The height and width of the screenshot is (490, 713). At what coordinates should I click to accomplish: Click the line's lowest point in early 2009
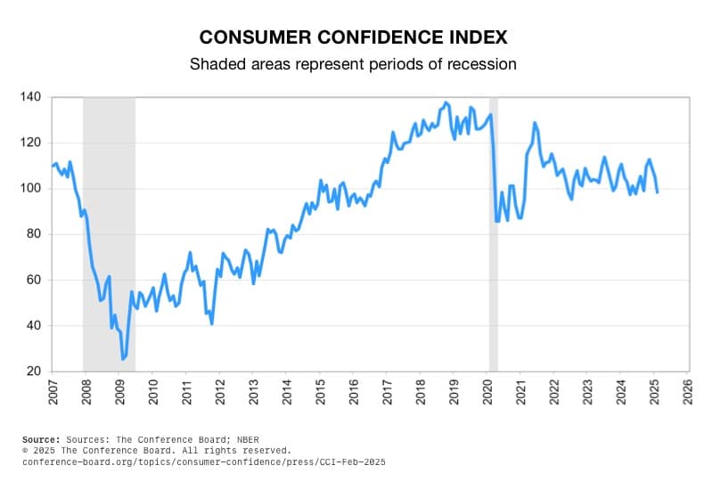coord(123,358)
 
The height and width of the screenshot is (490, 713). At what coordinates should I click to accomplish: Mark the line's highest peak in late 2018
coord(446,102)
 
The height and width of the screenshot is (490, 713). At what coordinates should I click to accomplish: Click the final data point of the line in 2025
coord(658,192)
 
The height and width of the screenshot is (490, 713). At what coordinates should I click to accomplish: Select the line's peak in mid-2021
coord(535,122)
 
